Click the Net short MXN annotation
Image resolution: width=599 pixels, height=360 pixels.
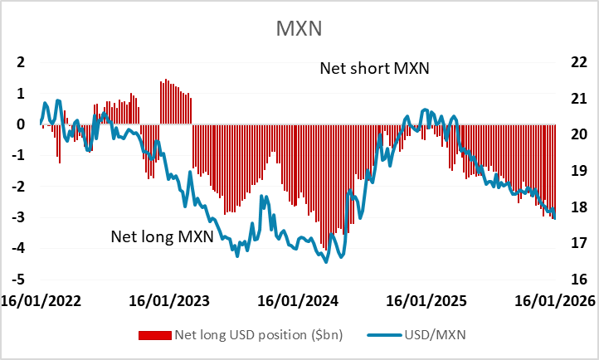(x=374, y=68)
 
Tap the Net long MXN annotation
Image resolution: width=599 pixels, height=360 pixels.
(x=163, y=237)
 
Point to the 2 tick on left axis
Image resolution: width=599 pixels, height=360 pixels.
(x=21, y=62)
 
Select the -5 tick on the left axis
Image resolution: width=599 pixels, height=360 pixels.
(x=18, y=280)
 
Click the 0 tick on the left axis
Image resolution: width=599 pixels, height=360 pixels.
(x=21, y=124)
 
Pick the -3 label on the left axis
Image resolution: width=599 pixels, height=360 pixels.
(x=18, y=217)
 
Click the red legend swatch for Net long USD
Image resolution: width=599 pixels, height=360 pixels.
(x=153, y=335)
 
